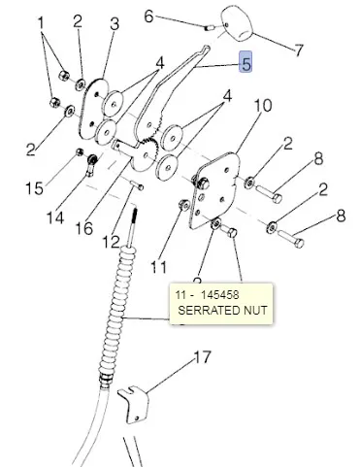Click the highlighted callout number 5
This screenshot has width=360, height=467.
click(245, 62)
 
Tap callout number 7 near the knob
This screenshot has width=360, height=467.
click(299, 50)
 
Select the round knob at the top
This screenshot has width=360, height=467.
click(237, 22)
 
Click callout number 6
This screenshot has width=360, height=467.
click(148, 16)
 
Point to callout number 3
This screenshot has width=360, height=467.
click(115, 23)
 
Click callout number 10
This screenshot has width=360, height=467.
click(263, 105)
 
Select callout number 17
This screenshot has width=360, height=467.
click(202, 357)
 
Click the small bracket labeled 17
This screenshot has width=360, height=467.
click(133, 405)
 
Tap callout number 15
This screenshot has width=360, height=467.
click(34, 188)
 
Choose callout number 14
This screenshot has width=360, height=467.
click(55, 217)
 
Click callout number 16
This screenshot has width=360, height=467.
click(84, 228)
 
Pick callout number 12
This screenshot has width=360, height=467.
click(111, 242)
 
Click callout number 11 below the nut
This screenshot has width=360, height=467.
click(159, 267)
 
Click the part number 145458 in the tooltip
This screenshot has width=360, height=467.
click(219, 295)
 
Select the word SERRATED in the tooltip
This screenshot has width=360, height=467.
click(205, 310)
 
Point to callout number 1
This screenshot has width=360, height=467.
click(41, 23)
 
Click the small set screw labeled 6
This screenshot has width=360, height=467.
click(209, 28)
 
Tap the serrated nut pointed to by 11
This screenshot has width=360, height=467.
click(183, 205)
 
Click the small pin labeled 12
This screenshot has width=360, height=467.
click(137, 185)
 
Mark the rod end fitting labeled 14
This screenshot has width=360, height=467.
click(91, 163)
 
